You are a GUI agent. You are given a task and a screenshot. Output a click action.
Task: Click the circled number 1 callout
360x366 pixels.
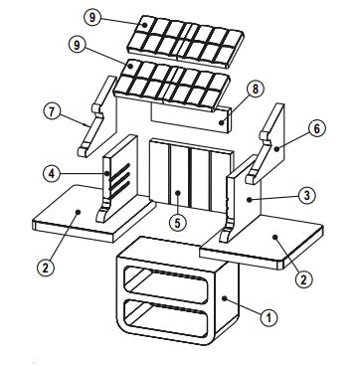269,318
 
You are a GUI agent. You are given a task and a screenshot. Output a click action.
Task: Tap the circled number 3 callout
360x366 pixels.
307,196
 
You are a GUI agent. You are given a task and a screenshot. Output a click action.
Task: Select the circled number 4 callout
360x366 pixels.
52,173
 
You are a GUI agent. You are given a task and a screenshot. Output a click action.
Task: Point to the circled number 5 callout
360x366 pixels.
178,223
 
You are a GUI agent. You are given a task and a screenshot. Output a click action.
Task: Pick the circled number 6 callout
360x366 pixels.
317,128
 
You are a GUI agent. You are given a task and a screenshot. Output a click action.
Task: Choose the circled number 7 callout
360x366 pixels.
53,111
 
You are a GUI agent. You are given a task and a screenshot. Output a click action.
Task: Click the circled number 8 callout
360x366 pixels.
255,90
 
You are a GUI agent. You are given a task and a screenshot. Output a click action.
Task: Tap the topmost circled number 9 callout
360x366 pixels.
91,17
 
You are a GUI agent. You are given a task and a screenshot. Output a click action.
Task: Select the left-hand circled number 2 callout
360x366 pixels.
45,268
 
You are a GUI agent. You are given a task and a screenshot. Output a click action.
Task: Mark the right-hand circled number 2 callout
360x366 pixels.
303,279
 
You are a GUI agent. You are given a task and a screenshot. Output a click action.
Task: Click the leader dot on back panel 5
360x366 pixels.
178,192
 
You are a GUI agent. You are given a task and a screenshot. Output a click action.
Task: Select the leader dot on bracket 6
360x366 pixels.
275,149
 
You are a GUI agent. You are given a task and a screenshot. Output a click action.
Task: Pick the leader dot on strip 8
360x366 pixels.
221,122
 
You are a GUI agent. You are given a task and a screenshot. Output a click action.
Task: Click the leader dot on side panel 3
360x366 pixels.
249,200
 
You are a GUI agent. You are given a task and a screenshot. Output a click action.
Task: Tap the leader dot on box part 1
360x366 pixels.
224,298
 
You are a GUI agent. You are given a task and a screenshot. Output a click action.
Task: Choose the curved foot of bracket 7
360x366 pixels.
84,150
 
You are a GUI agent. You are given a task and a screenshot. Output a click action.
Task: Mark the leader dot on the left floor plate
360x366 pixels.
78,211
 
